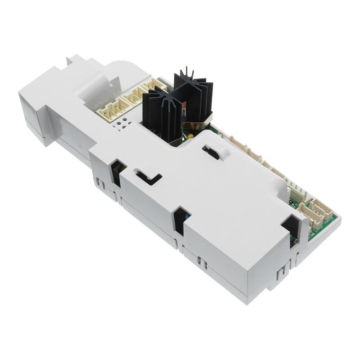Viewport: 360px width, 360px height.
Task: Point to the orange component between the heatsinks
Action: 184,106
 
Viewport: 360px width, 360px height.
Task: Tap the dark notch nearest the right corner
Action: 289,225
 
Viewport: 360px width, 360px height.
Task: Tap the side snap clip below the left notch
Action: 101,184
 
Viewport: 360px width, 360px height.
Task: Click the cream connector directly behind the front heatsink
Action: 135,95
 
